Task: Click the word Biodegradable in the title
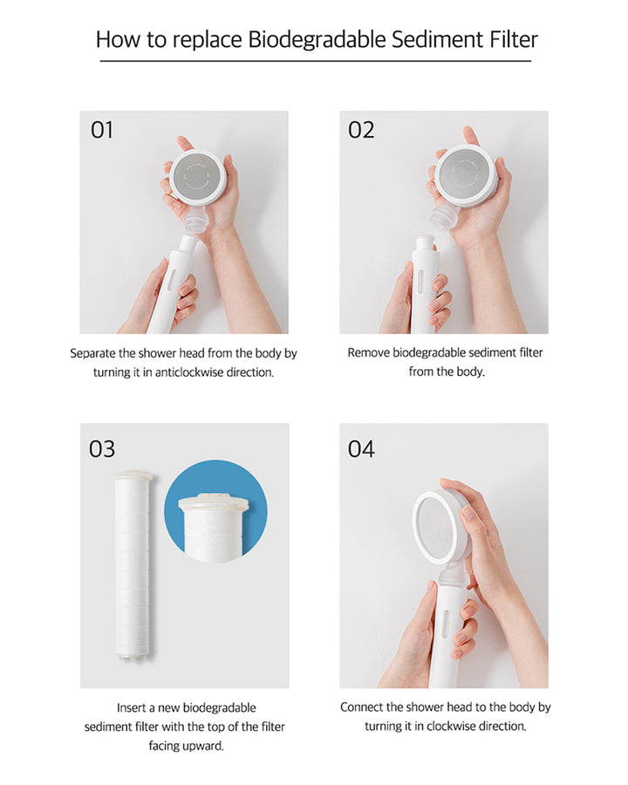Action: pos(317,40)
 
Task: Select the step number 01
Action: pos(102,130)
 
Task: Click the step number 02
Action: pos(361,130)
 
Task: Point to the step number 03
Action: pos(102,449)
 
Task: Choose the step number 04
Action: pos(361,449)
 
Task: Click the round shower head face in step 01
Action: pos(198,177)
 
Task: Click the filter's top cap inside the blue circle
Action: pos(214,502)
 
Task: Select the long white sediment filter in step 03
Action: pos(133,566)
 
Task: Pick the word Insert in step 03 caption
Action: pos(131,708)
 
